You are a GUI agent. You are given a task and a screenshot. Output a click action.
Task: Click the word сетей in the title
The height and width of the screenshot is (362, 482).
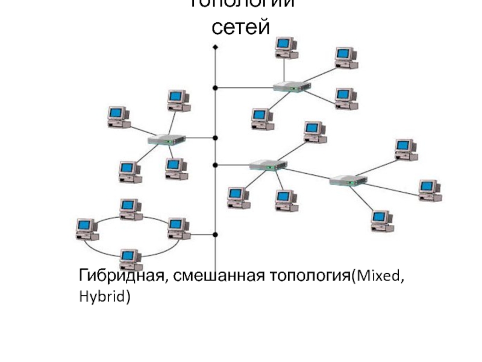pyautogui.click(x=241, y=27)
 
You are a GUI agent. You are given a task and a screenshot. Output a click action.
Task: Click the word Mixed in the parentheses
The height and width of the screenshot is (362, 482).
pyautogui.click(x=378, y=276)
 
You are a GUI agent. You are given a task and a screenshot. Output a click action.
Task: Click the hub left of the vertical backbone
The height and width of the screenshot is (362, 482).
pyautogui.click(x=167, y=139)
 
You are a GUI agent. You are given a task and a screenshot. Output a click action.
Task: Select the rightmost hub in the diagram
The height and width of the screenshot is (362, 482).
pyautogui.click(x=348, y=179)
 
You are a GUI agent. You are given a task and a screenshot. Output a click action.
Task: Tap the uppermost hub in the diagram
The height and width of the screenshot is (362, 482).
pyautogui.click(x=292, y=87)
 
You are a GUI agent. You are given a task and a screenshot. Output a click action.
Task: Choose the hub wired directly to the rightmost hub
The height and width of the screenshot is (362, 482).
pyautogui.click(x=268, y=164)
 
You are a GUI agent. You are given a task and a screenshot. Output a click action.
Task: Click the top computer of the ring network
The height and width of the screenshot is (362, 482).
pyautogui.click(x=130, y=209)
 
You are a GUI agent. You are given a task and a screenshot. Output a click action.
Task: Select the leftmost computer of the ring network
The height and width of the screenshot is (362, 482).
pyautogui.click(x=87, y=229)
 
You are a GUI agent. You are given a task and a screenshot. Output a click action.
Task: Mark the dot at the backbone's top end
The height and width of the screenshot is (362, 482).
pyautogui.click(x=215, y=46)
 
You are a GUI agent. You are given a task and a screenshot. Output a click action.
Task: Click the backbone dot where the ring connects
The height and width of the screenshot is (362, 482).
pyautogui.click(x=215, y=234)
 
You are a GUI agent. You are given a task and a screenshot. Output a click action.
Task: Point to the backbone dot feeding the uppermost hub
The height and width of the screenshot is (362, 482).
pyautogui.click(x=215, y=88)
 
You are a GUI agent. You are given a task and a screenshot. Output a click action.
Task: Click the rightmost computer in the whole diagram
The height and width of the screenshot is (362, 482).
pyautogui.click(x=430, y=190)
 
